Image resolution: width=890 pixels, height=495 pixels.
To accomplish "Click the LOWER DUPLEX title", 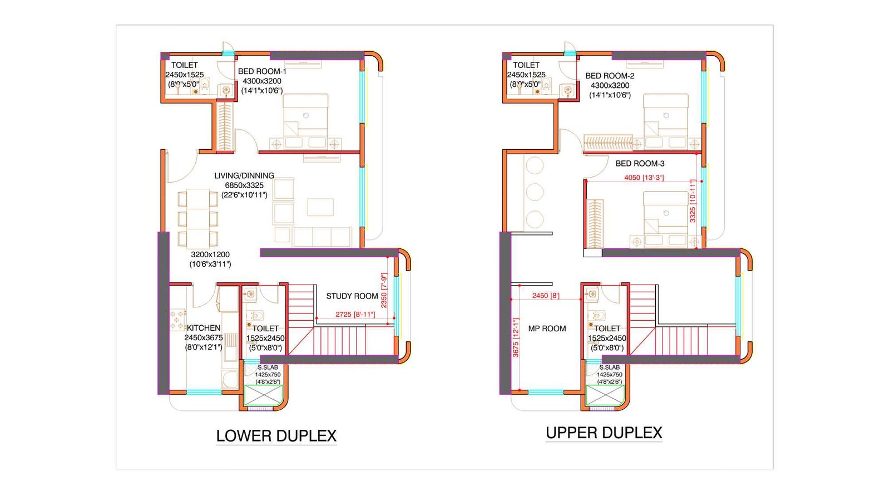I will [276, 436].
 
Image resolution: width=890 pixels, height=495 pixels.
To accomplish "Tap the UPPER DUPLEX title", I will [604, 433].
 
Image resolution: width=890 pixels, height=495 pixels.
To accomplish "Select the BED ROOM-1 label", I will [262, 71].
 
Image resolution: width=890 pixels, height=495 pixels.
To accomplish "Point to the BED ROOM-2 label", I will [610, 76].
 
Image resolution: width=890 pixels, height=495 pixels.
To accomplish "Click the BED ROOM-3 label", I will [640, 163].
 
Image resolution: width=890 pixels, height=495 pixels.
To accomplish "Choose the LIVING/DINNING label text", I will [244, 175].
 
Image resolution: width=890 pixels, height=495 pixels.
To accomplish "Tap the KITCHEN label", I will [204, 328].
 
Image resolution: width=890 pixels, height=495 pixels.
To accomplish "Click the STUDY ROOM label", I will [352, 296].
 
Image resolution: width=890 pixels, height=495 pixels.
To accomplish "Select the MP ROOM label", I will [547, 329].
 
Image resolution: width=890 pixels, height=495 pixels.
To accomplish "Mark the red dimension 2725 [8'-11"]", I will [355, 315].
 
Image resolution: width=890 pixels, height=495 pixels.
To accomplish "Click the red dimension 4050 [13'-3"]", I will [644, 178].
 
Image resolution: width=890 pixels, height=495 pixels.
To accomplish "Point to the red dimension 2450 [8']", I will [545, 296].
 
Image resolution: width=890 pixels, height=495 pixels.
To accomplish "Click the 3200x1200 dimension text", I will [210, 254].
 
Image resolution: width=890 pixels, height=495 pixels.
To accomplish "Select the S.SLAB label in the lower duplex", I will [268, 367].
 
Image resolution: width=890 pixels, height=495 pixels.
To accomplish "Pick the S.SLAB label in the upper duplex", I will [609, 367].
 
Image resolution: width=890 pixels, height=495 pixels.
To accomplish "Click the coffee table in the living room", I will [320, 207].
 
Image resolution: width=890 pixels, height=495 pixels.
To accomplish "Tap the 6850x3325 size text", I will [244, 185].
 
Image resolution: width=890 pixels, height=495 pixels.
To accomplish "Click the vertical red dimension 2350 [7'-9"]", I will [384, 290].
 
